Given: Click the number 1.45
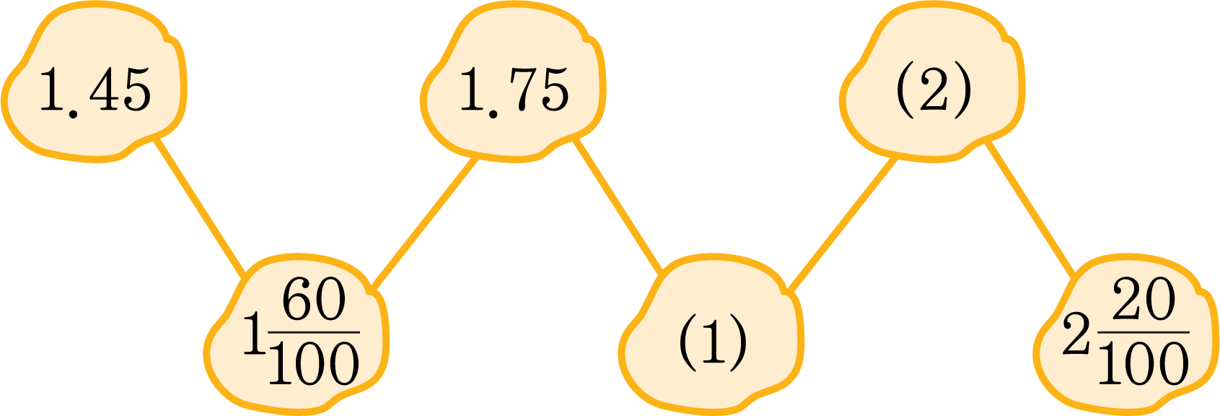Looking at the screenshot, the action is (95, 90).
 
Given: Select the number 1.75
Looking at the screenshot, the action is (514, 90).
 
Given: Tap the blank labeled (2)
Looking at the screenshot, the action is (934, 90).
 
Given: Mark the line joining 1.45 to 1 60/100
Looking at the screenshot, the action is (200, 207).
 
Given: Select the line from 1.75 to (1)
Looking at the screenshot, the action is (618, 205).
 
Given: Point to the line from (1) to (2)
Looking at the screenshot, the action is (843, 224).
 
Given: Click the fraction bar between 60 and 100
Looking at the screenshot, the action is (315, 332).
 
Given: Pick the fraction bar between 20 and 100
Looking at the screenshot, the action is (1144, 332).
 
